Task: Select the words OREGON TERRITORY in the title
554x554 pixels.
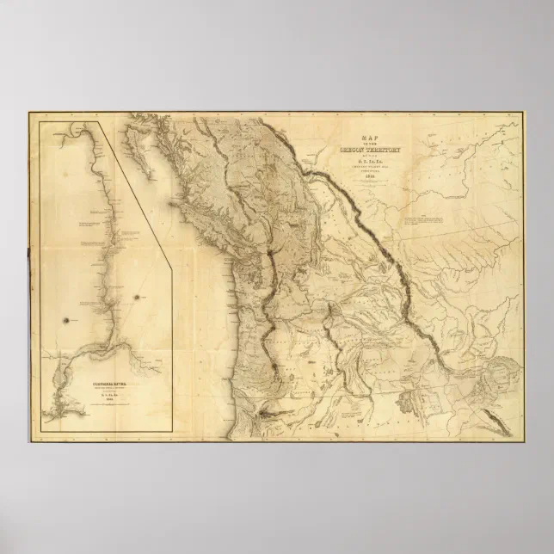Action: click(x=374, y=149)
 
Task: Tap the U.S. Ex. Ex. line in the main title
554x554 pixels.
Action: click(x=374, y=162)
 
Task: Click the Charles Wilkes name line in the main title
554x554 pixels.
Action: click(x=374, y=168)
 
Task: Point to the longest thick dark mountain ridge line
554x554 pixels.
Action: click(x=379, y=241)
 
